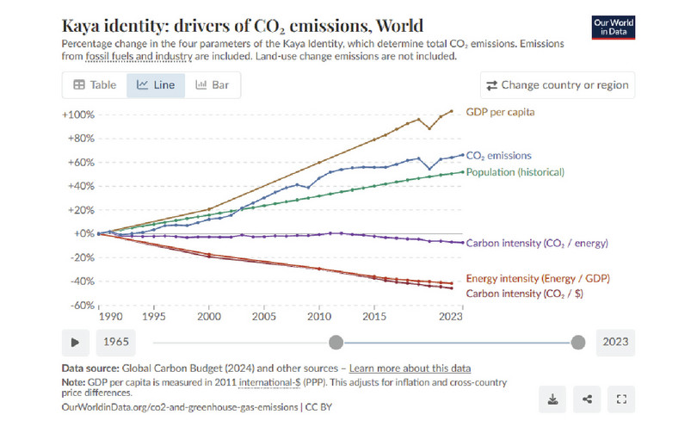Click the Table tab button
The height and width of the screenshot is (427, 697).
(x=95, y=85)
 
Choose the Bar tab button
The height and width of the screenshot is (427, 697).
(x=212, y=85)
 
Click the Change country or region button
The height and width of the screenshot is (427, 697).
(x=558, y=85)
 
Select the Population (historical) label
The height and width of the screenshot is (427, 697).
(x=515, y=172)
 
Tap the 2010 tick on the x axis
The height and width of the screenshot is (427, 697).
(x=318, y=317)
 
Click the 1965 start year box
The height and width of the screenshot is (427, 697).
(x=117, y=342)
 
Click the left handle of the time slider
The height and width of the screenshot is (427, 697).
(x=336, y=342)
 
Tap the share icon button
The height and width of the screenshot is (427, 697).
(x=587, y=399)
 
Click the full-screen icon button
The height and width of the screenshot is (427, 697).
(x=622, y=399)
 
